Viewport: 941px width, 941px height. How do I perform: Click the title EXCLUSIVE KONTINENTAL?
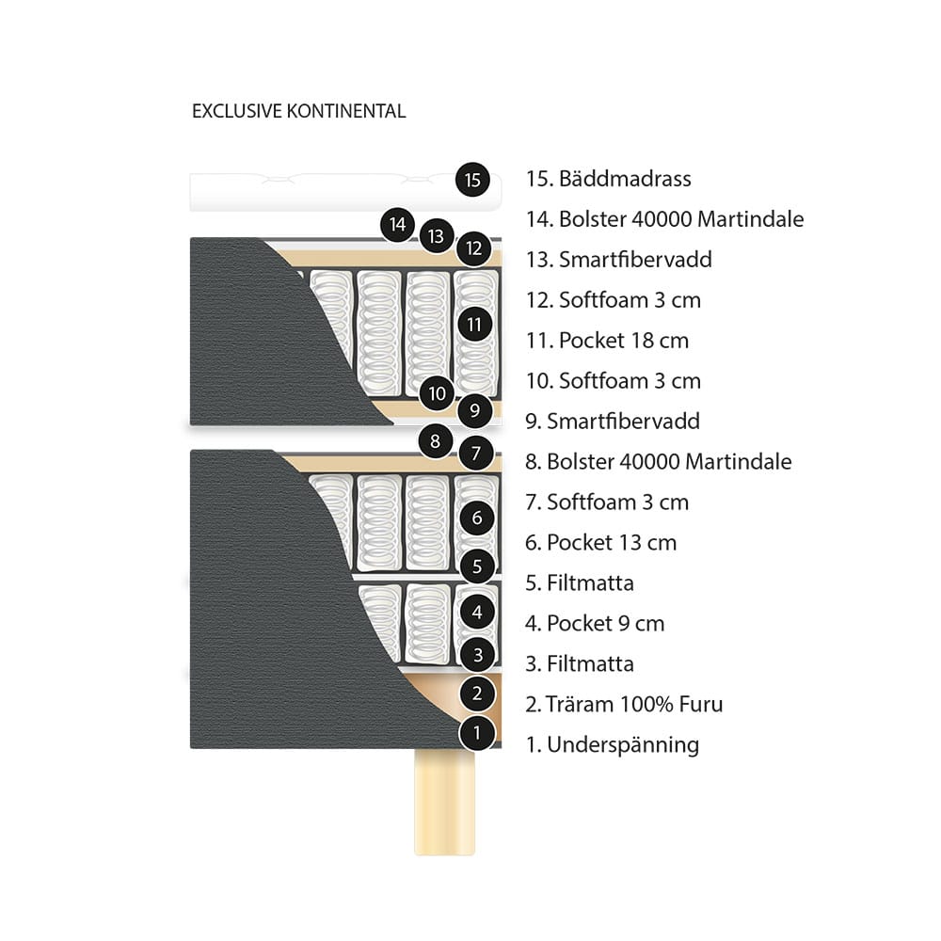click(298, 111)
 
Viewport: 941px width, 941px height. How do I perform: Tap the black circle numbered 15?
click(472, 179)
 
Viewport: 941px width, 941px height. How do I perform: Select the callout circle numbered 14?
click(399, 225)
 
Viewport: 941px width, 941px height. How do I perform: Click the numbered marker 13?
click(436, 236)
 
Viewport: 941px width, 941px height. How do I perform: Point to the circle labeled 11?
click(474, 326)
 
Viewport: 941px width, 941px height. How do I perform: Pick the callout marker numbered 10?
click(437, 392)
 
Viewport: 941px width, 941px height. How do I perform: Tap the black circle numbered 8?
click(435, 440)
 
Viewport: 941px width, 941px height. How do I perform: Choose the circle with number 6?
click(478, 518)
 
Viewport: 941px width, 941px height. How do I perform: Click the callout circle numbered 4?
click(478, 613)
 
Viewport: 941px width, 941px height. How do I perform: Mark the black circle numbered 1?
click(478, 732)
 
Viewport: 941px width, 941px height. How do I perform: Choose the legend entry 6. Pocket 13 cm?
click(600, 542)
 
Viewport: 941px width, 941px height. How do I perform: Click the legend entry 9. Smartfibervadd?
click(612, 421)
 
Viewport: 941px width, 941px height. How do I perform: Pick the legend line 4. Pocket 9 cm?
click(595, 623)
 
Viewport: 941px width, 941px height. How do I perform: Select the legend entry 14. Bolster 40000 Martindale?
click(664, 219)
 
